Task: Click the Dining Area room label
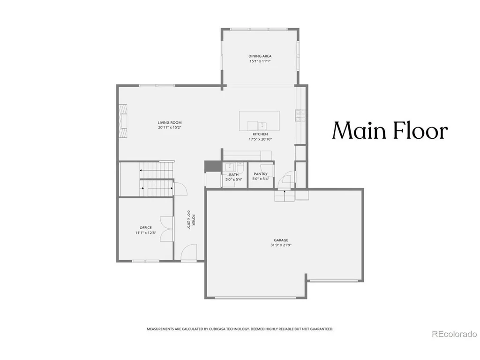[260, 56]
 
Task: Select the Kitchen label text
[260, 134]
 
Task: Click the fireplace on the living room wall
[123, 121]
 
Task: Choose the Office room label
[146, 227]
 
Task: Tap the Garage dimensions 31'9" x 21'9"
[281, 245]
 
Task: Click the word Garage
[281, 240]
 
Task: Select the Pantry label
[261, 174]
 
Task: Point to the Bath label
[234, 175]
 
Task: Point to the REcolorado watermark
[454, 334]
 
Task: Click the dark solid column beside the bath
[212, 166]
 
